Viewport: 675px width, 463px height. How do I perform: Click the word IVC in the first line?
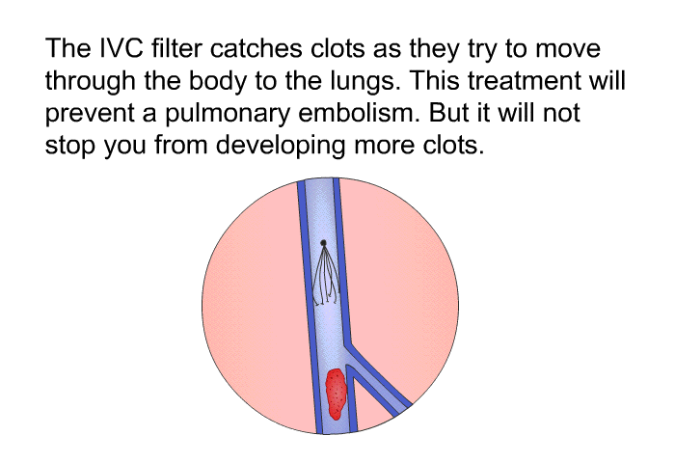point(121,48)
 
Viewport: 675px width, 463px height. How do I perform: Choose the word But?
point(446,113)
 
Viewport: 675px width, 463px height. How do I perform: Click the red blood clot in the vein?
point(336,394)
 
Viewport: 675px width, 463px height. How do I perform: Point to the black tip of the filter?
point(323,243)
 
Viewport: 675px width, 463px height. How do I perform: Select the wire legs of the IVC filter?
point(326,276)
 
